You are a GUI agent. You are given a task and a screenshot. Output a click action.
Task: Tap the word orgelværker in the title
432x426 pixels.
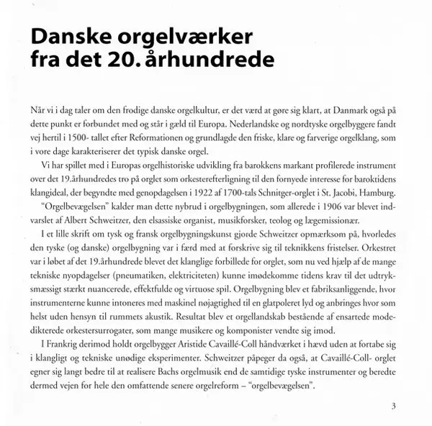coord(192,37)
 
